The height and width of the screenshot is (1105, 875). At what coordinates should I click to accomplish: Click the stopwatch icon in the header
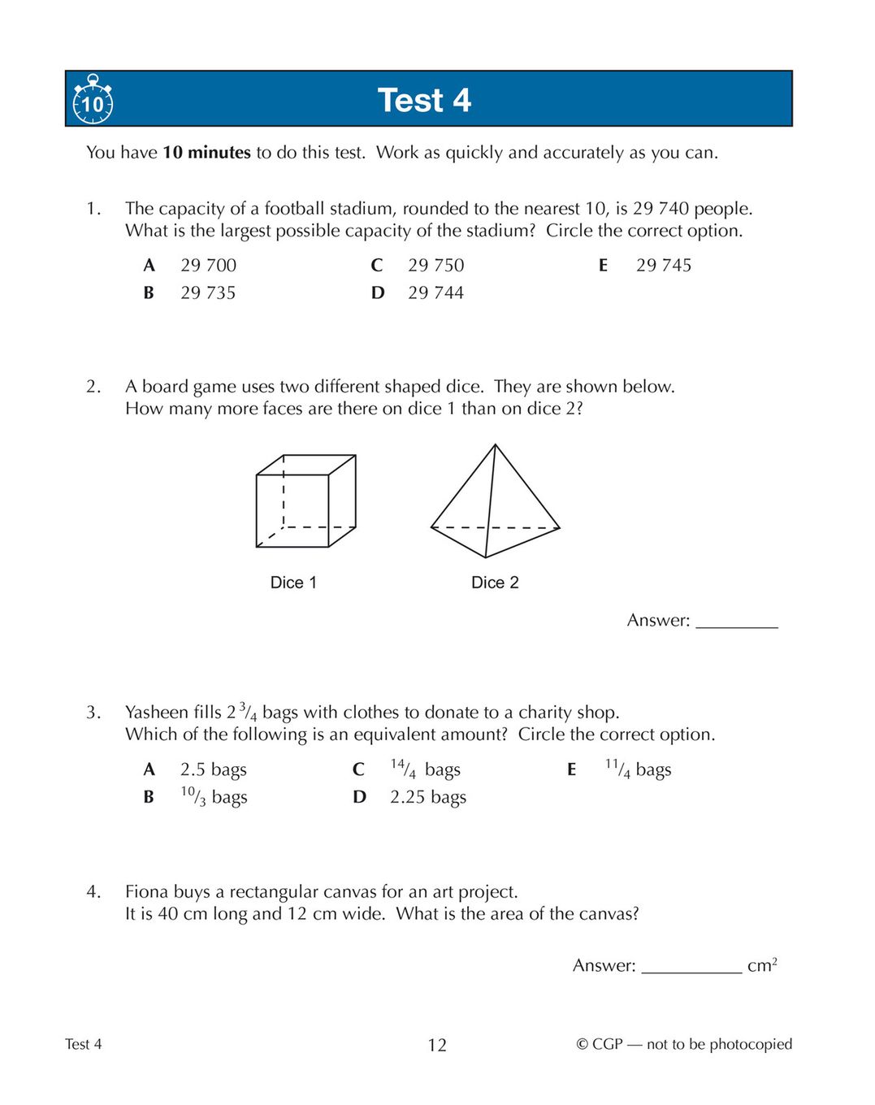click(x=93, y=100)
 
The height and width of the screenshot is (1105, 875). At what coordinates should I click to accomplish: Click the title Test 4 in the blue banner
click(x=424, y=101)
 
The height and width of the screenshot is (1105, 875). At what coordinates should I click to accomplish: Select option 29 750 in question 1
click(x=435, y=266)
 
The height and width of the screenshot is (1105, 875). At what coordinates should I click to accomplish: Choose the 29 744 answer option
click(x=435, y=293)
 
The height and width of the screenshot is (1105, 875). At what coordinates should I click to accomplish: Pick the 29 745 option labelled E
click(x=663, y=266)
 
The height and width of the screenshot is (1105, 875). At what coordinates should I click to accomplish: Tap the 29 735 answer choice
click(x=208, y=293)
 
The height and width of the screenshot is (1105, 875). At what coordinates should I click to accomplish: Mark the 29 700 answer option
click(x=208, y=266)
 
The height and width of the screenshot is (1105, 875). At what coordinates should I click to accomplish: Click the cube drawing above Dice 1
click(x=305, y=500)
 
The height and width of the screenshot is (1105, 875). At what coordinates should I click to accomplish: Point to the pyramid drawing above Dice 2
click(x=494, y=504)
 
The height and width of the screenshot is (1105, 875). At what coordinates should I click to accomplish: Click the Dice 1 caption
click(x=293, y=583)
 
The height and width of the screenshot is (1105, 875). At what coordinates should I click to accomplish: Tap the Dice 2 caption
click(x=495, y=583)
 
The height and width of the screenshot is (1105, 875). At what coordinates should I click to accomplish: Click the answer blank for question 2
click(x=737, y=622)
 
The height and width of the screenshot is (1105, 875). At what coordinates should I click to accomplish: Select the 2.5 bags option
click(x=213, y=769)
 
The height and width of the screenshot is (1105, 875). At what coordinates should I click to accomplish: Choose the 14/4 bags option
click(x=425, y=769)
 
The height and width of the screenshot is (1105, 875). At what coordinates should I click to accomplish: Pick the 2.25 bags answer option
click(x=427, y=797)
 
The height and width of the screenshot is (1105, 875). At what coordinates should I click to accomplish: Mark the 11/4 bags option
click(x=638, y=769)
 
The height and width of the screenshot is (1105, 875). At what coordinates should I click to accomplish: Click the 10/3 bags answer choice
click(x=214, y=797)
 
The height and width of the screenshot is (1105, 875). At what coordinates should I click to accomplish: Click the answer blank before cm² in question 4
click(x=691, y=966)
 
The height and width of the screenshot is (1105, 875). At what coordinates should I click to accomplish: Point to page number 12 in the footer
click(x=437, y=1045)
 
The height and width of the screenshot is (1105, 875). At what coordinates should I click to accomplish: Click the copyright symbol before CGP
click(x=582, y=1045)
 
